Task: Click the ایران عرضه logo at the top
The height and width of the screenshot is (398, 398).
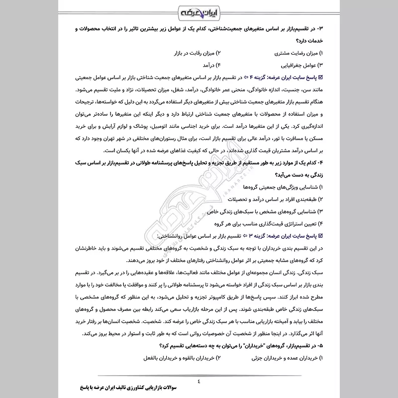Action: [199, 11]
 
